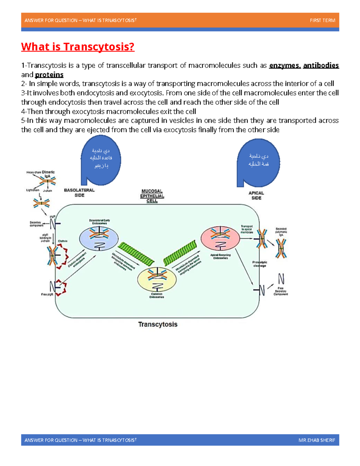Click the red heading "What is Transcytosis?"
pos(78,47)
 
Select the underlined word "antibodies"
pos(321,65)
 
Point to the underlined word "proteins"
pos(49,75)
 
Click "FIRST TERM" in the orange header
pos(322,20)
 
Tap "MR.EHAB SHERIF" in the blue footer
pos(317,440)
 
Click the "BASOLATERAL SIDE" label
pos(79,193)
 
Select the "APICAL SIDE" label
pos(256,195)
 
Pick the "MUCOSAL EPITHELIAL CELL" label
pos(152,196)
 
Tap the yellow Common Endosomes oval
pos(157,279)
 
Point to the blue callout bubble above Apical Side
pos(258,162)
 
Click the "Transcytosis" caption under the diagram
pos(158,324)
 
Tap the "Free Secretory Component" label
pos(280,291)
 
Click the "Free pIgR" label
pos(47,294)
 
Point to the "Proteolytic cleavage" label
pos(259,264)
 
